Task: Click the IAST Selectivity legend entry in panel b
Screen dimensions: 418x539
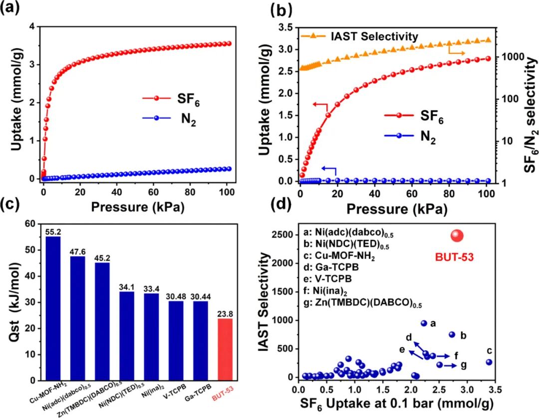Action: (x=373, y=36)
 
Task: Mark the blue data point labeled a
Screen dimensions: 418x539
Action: (x=424, y=323)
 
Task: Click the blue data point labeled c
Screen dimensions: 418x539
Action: (x=489, y=362)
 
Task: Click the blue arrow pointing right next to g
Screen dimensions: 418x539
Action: (x=451, y=365)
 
